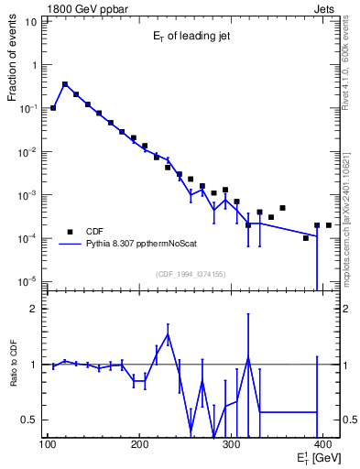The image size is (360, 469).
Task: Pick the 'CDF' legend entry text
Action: (x=95, y=232)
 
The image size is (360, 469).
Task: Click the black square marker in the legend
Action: (x=70, y=232)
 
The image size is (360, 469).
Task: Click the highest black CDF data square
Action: (x=65, y=84)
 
